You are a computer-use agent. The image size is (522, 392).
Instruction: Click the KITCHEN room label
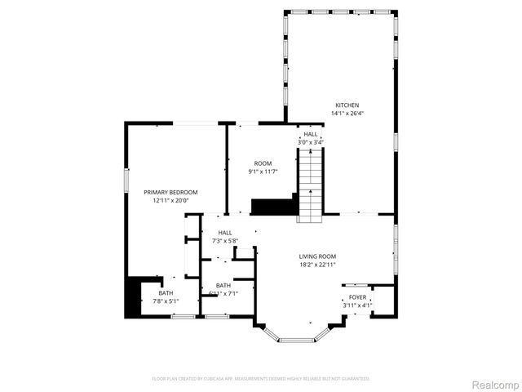click(x=347, y=105)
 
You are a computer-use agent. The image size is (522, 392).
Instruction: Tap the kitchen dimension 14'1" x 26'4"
click(x=347, y=114)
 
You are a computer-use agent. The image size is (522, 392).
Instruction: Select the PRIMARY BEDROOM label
click(x=170, y=192)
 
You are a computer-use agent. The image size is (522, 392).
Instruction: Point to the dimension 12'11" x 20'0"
click(x=170, y=200)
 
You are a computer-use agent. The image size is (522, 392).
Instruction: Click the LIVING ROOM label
click(x=317, y=256)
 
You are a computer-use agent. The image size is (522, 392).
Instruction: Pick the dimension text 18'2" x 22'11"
click(x=317, y=264)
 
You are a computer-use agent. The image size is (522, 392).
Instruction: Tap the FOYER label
click(x=357, y=297)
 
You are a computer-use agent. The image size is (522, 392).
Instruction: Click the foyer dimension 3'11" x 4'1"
click(x=357, y=305)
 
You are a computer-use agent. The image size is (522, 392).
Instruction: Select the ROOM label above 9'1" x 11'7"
click(x=263, y=163)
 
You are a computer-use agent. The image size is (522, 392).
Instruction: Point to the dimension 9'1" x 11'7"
click(x=263, y=171)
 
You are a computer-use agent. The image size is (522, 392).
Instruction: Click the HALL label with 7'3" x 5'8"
click(x=224, y=233)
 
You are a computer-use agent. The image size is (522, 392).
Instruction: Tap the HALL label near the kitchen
click(x=311, y=134)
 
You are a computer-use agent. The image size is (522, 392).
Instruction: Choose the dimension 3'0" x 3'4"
click(x=311, y=142)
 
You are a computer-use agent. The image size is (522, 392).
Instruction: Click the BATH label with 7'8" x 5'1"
click(x=166, y=293)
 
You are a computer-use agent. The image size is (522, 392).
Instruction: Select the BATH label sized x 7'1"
click(x=223, y=285)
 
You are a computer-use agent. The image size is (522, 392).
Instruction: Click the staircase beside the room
click(x=311, y=184)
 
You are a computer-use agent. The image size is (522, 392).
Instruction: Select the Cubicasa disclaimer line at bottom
click(x=261, y=379)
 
